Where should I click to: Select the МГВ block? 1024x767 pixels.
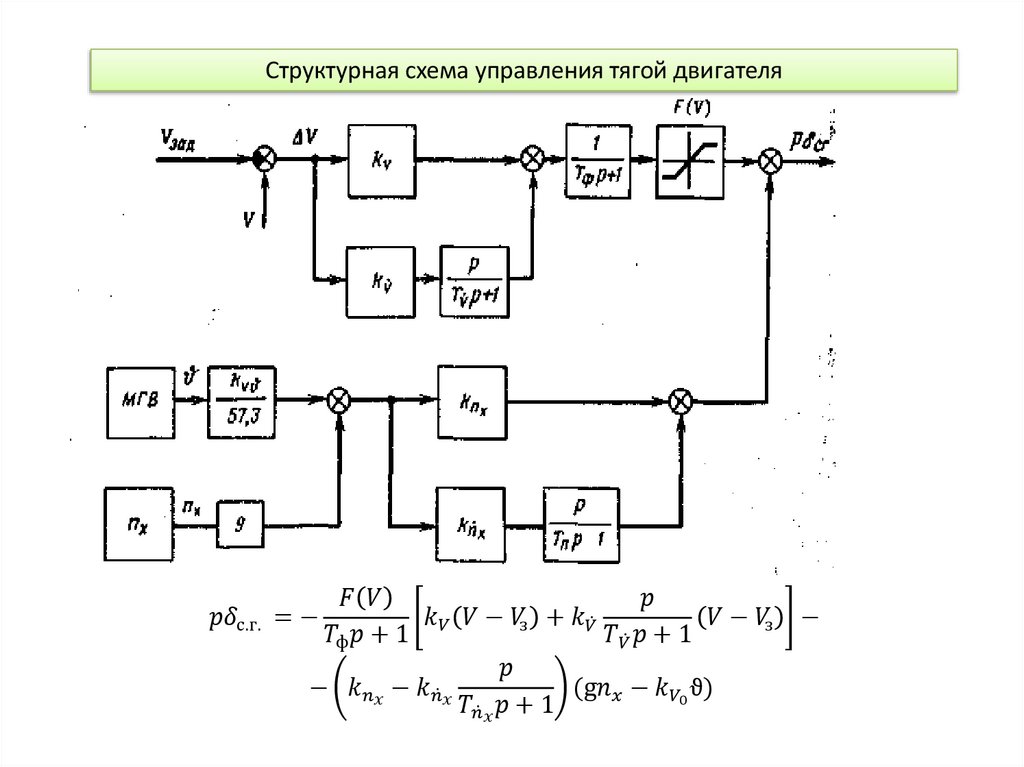pyautogui.click(x=138, y=401)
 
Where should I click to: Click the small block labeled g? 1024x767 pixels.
pyautogui.click(x=241, y=522)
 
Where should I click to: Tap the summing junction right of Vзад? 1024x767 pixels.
pyautogui.click(x=264, y=159)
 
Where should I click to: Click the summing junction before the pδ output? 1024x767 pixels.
pyautogui.click(x=770, y=160)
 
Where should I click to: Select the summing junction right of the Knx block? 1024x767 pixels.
pyautogui.click(x=682, y=401)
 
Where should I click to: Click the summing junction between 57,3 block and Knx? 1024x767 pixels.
pyautogui.click(x=340, y=401)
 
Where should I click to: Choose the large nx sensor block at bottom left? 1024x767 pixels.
pyautogui.click(x=138, y=522)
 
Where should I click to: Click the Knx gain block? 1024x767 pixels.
pyautogui.click(x=471, y=401)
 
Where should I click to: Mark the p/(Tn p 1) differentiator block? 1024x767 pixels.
pyautogui.click(x=580, y=523)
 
